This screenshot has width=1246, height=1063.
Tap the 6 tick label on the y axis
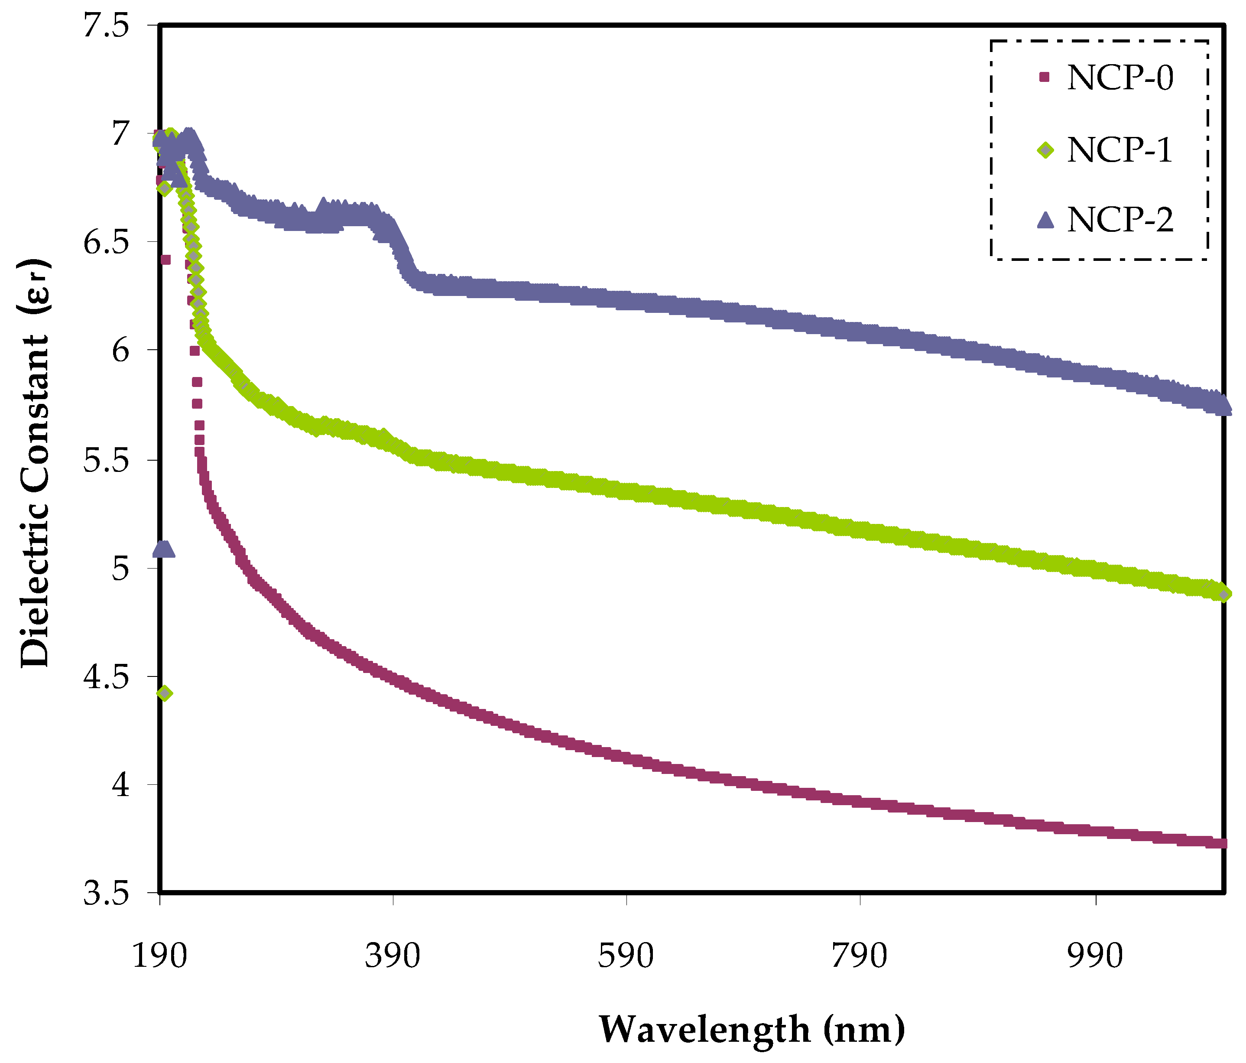tap(121, 350)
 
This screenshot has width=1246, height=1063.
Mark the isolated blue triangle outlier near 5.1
tap(164, 549)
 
